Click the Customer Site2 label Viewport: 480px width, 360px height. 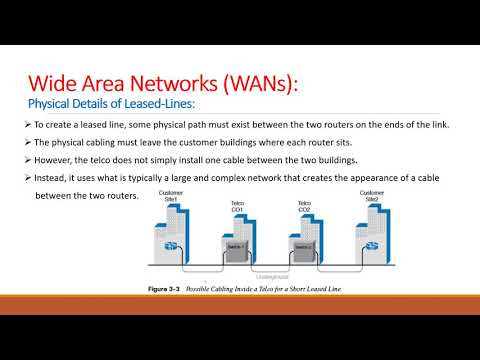click(371, 194)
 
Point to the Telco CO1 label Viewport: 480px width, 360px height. click(236, 206)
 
